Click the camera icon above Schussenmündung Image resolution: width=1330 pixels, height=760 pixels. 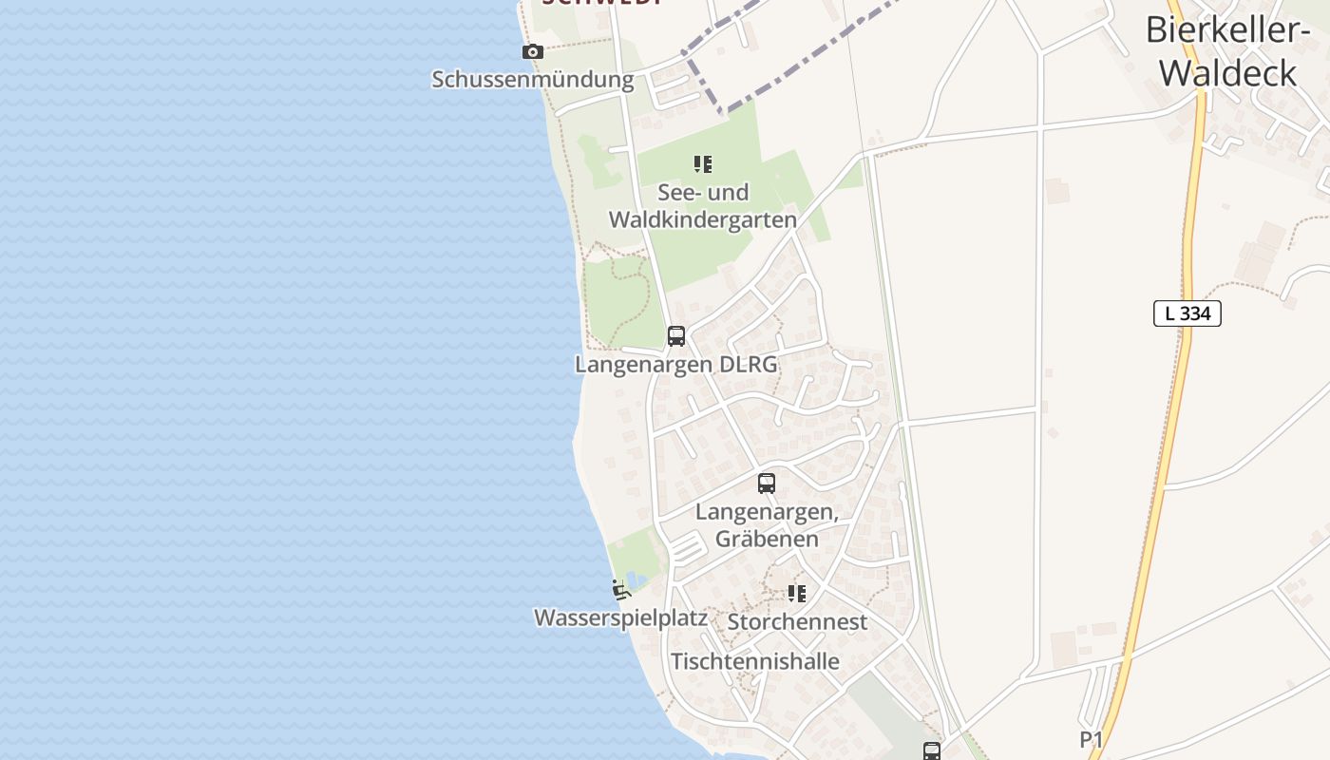point(533,52)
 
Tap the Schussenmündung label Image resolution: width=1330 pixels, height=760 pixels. point(532,79)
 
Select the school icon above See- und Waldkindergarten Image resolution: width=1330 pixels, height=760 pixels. point(703,164)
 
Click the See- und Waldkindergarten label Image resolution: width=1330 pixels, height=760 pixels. point(702,206)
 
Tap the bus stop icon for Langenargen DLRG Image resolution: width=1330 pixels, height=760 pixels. point(676,335)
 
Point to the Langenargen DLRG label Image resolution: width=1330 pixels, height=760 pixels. point(675,364)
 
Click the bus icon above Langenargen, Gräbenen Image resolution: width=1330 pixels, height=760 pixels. point(767,484)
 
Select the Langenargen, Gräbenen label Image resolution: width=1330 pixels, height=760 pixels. point(767,525)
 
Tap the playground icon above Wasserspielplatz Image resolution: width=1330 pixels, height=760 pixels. point(621,591)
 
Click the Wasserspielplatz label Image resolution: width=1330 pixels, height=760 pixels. point(620,617)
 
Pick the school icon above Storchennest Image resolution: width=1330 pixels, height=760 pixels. point(797,594)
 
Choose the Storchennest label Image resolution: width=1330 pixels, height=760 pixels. point(797,622)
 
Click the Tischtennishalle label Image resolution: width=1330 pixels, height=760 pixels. point(755,661)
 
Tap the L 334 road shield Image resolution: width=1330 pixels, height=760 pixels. point(1187,313)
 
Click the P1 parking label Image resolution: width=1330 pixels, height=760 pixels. point(1092,739)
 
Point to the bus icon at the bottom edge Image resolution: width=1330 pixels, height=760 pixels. point(931,750)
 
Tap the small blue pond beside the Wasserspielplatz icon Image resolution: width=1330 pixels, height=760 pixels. point(634,579)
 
